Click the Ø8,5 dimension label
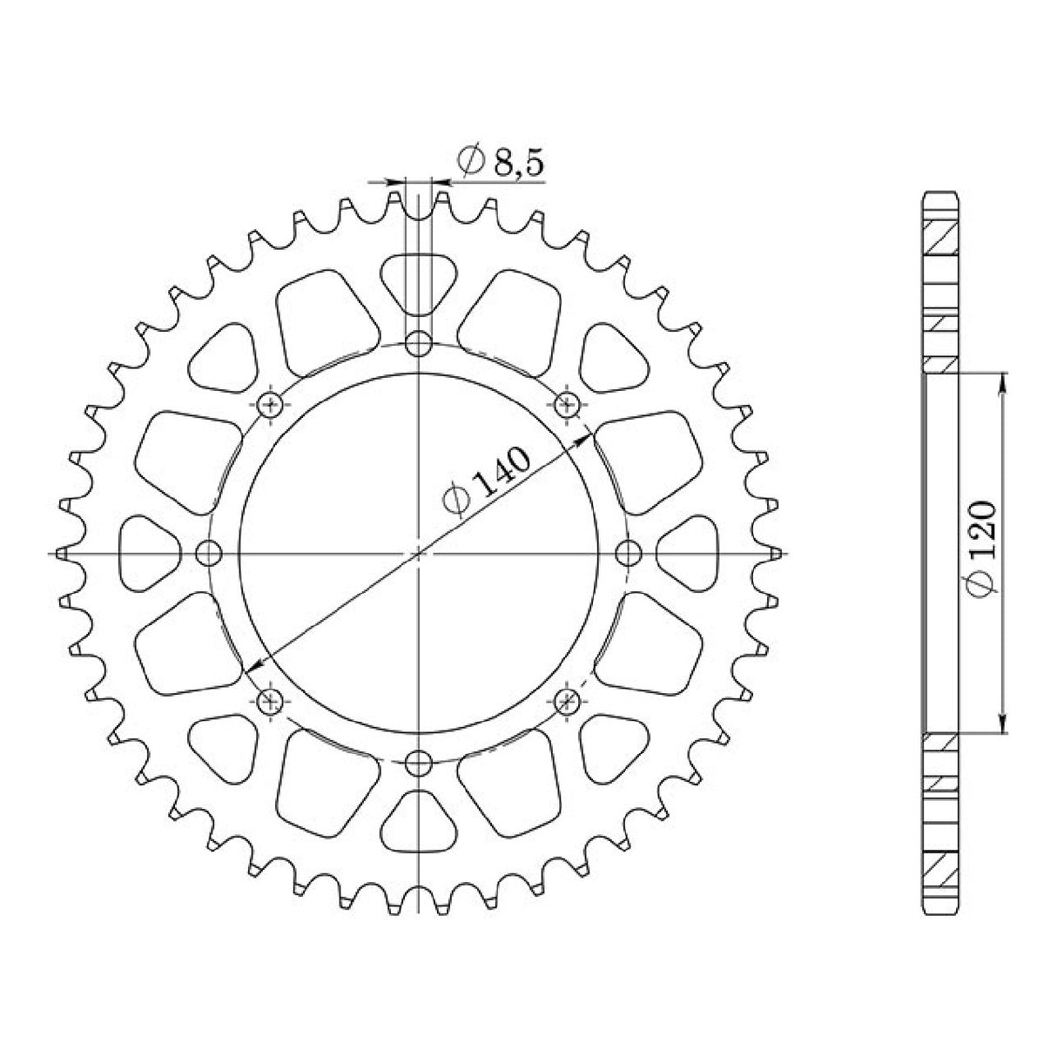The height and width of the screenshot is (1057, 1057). (x=502, y=162)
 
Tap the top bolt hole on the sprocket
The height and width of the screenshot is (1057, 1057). (x=420, y=344)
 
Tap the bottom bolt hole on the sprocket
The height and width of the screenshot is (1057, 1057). (x=420, y=764)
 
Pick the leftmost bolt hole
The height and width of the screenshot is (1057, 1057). (x=209, y=553)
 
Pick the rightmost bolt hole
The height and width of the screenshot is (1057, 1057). (x=629, y=553)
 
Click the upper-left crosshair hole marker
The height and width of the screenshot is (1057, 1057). (x=272, y=404)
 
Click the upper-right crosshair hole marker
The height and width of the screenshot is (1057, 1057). (x=568, y=404)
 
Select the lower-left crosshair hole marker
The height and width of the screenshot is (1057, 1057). (x=272, y=700)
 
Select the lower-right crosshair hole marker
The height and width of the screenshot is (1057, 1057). (x=568, y=700)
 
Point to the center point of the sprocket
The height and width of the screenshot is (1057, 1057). (x=420, y=553)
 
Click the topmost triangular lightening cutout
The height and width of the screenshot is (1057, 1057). (x=420, y=280)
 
